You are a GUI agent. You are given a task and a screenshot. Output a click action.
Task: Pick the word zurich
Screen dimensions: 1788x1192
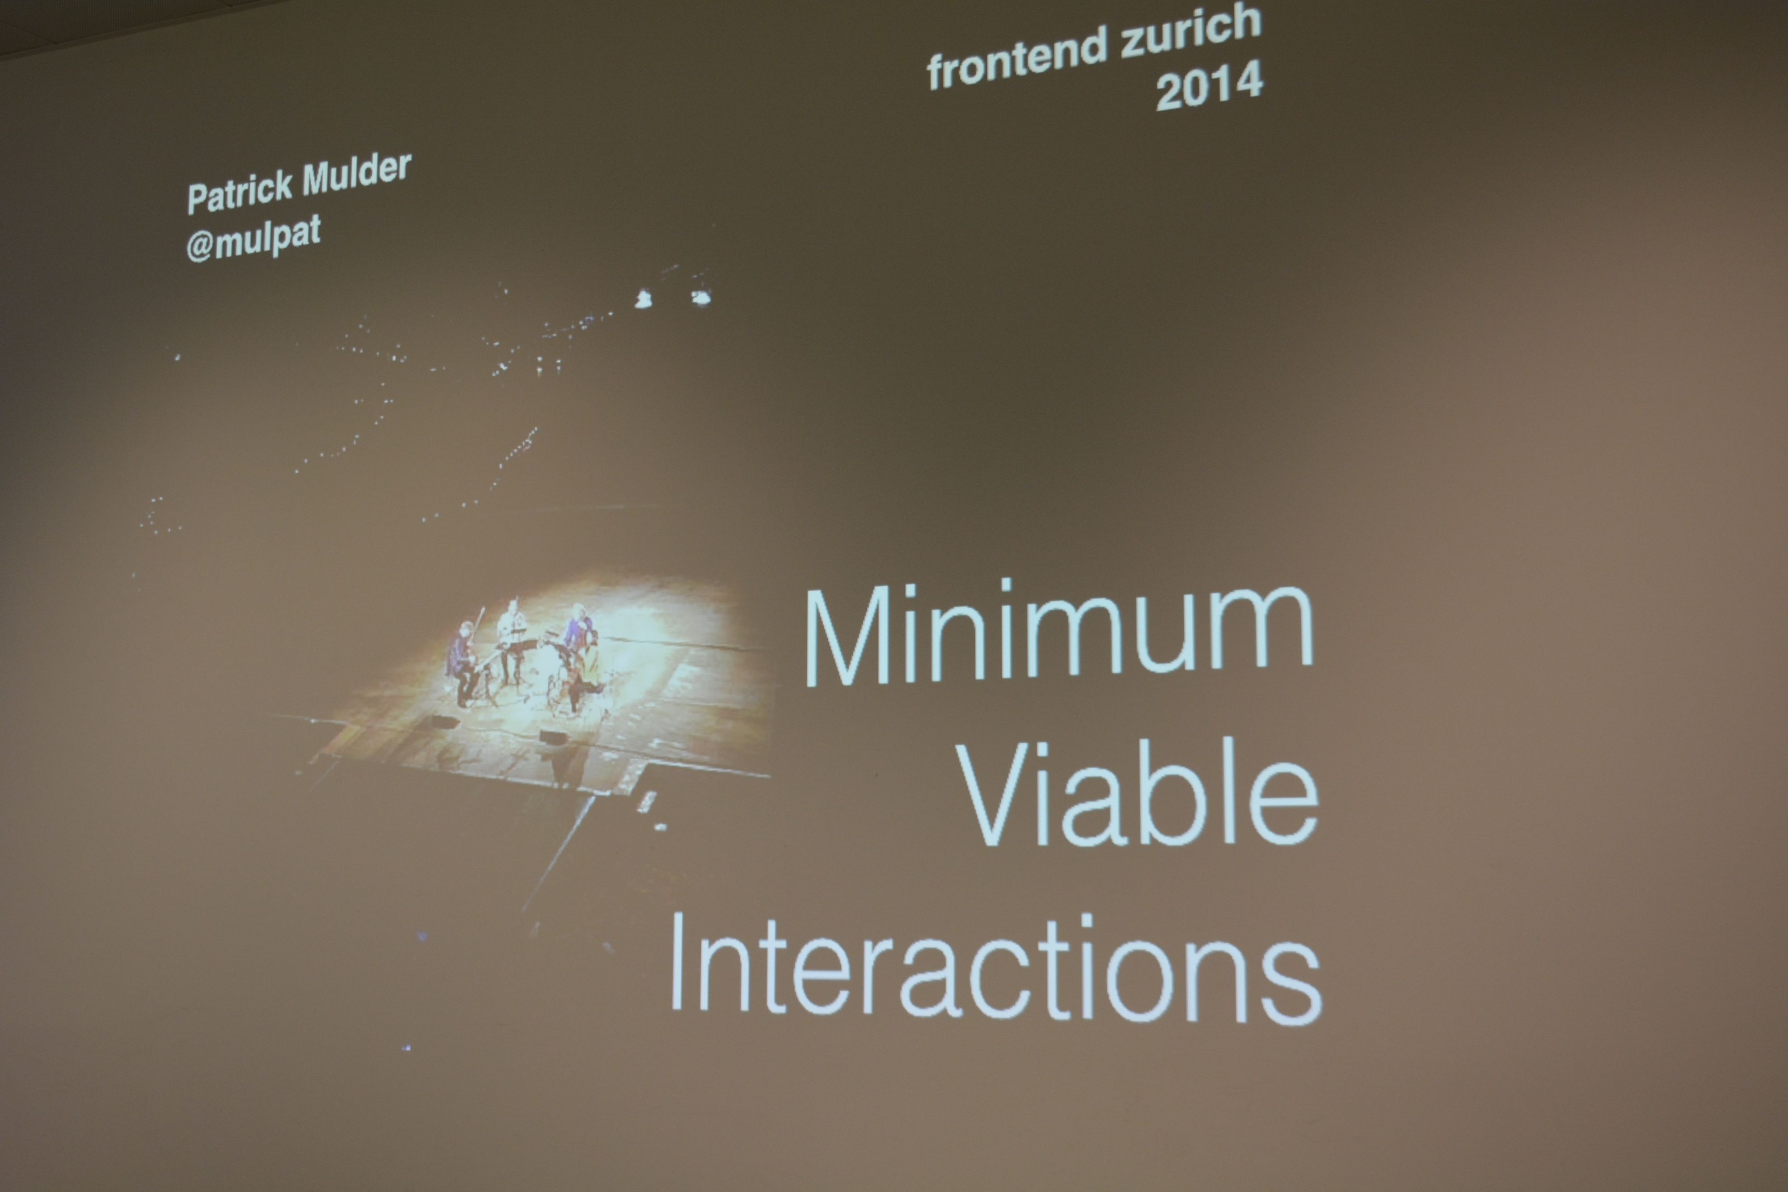click(1190, 30)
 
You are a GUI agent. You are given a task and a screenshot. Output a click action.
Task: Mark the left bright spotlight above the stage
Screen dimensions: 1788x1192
click(643, 299)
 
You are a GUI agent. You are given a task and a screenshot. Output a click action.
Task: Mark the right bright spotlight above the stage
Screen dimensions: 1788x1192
click(700, 296)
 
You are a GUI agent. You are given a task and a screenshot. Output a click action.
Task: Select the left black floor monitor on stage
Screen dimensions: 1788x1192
click(445, 720)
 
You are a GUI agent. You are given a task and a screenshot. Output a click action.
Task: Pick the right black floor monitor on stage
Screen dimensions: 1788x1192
click(552, 735)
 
